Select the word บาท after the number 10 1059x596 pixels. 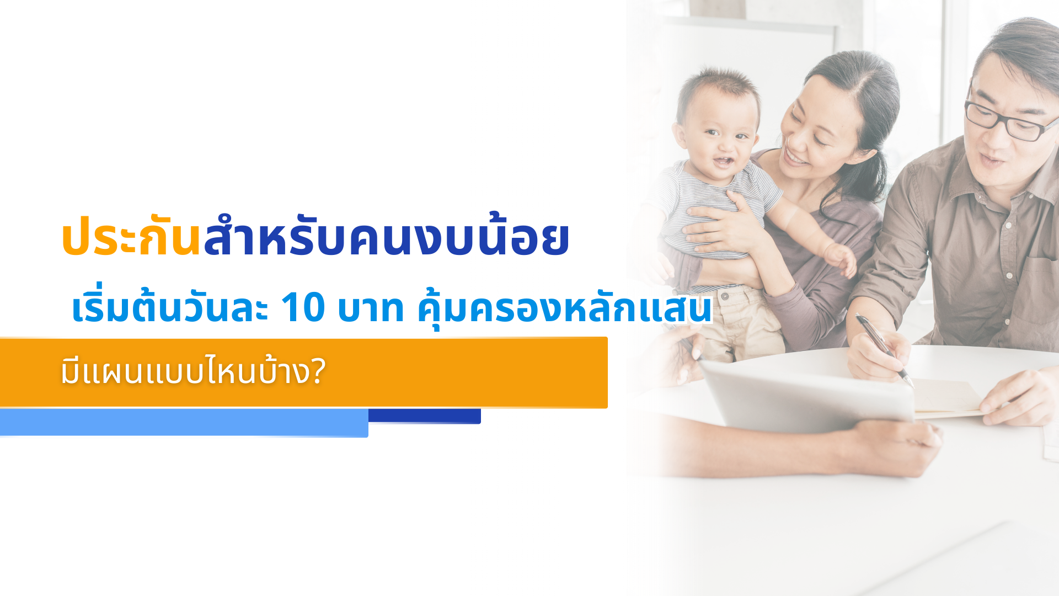pyautogui.click(x=371, y=308)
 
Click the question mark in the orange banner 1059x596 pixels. pyautogui.click(x=318, y=371)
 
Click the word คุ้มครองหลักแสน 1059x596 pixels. pyautogui.click(x=565, y=308)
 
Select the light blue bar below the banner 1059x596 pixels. pyautogui.click(x=184, y=423)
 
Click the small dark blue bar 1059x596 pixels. pyautogui.click(x=425, y=416)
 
